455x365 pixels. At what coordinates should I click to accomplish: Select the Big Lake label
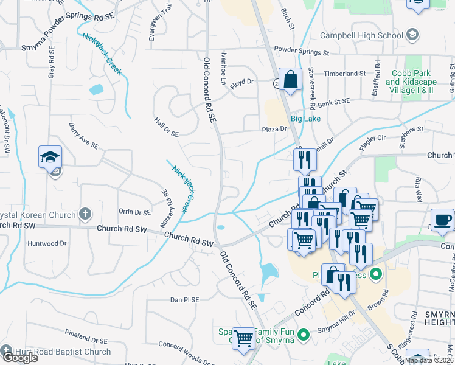(x=305, y=119)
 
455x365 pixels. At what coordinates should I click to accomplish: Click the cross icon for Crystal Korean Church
(x=85, y=214)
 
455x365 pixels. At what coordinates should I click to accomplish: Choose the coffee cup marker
(x=442, y=220)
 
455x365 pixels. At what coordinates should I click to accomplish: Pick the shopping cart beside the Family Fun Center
(x=243, y=338)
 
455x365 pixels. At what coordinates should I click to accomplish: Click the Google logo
(x=19, y=358)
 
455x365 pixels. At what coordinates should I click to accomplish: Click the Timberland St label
(x=344, y=74)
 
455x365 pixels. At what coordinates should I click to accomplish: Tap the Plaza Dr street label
(x=274, y=129)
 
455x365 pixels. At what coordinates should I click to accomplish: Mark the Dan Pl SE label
(x=185, y=300)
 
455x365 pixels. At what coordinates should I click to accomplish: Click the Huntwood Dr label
(x=47, y=243)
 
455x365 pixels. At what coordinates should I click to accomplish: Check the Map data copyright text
(x=429, y=360)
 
